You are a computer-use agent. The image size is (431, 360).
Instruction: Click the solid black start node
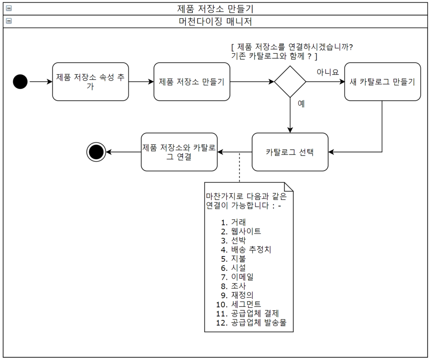click(x=20, y=82)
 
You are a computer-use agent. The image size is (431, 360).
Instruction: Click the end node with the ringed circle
click(x=96, y=152)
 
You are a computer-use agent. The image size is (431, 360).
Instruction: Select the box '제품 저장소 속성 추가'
click(x=90, y=82)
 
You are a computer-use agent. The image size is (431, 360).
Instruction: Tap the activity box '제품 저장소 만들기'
click(x=192, y=82)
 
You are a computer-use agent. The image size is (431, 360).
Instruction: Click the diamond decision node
click(x=290, y=82)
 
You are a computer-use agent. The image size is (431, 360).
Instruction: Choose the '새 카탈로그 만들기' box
click(x=382, y=82)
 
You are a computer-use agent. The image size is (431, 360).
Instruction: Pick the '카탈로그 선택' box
click(x=290, y=152)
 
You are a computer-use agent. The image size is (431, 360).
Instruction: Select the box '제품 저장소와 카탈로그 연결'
click(x=179, y=152)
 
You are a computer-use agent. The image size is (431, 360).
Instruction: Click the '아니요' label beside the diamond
click(x=328, y=72)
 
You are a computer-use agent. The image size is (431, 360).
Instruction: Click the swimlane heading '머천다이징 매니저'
click(x=215, y=21)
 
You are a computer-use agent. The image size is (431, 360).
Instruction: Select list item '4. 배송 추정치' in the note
click(x=246, y=249)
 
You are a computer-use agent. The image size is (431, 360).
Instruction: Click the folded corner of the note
click(x=289, y=187)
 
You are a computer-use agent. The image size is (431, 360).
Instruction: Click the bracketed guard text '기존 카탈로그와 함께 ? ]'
click(x=274, y=56)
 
